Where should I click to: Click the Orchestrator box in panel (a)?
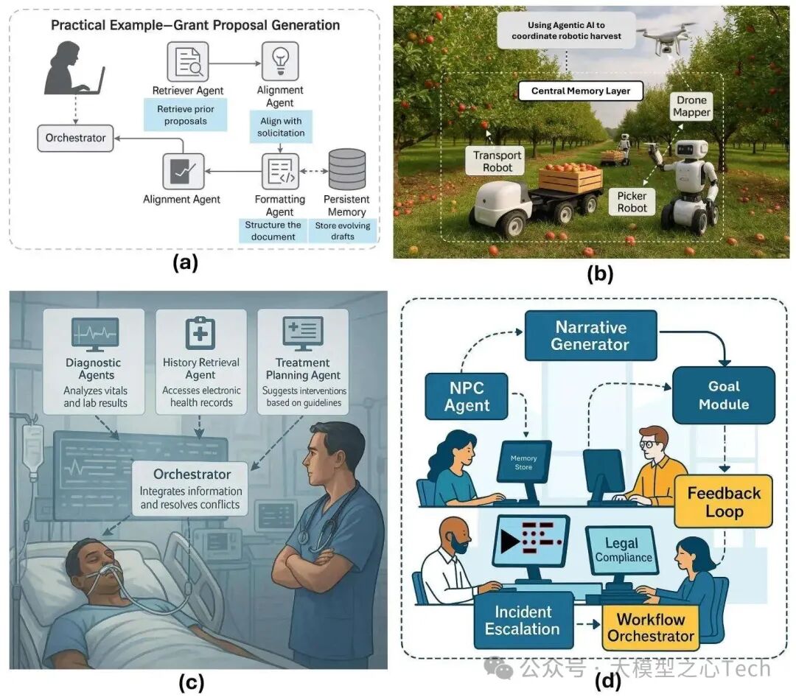76,138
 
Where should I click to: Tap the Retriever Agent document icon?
187,62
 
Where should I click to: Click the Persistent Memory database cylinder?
346,169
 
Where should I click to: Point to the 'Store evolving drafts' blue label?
343,231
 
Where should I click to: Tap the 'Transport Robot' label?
497,161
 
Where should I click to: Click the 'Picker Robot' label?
632,201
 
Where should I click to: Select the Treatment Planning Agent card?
302,361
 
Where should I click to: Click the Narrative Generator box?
590,335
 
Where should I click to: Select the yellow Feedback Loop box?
723,502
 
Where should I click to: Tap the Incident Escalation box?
523,620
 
